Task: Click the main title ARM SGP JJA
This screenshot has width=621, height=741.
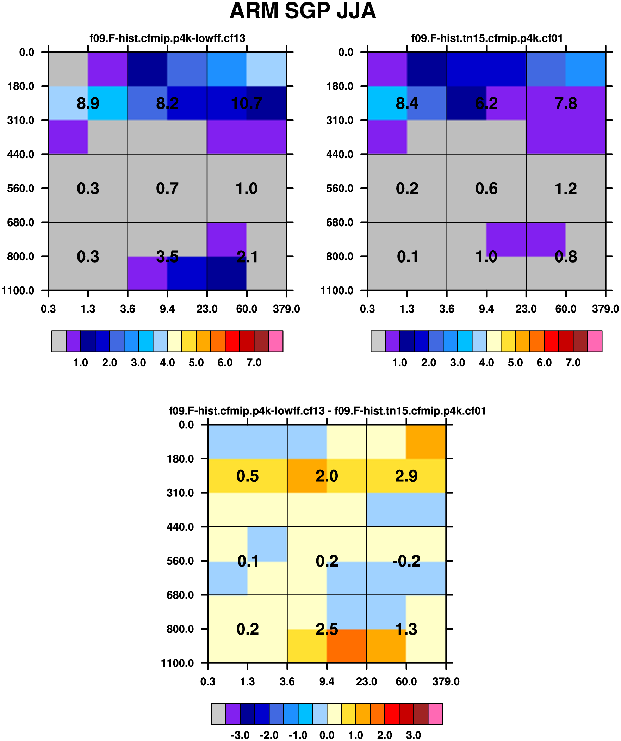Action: tap(303, 11)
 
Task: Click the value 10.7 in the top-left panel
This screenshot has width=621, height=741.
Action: tap(246, 103)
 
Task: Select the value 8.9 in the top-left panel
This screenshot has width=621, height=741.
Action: tap(88, 103)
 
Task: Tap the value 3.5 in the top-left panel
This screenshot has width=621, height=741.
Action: tap(167, 257)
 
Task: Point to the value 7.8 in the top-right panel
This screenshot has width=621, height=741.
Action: tap(566, 103)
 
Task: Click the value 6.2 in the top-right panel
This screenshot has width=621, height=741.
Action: tap(486, 103)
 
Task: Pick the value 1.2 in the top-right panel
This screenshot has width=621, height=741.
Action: tap(566, 189)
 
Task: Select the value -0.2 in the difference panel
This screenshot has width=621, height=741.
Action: tap(406, 561)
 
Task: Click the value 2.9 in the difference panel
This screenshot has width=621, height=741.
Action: tap(406, 476)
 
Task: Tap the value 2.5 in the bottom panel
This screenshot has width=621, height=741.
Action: tap(327, 629)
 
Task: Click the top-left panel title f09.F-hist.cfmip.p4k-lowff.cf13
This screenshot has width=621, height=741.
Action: tap(167, 38)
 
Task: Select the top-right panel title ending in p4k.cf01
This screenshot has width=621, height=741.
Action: tap(487, 38)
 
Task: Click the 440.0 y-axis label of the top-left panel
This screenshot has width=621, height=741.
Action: tap(21, 154)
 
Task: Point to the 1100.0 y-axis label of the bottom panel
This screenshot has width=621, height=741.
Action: tap(178, 663)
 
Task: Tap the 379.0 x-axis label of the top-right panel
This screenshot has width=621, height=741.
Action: tap(606, 309)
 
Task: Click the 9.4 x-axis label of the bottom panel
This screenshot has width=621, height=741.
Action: tap(327, 681)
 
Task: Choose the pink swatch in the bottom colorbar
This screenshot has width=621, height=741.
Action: tap(435, 714)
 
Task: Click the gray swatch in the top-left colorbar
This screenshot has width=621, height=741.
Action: tap(59, 341)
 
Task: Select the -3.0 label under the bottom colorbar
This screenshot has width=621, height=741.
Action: tap(240, 735)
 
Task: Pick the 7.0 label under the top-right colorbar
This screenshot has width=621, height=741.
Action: tap(573, 362)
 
